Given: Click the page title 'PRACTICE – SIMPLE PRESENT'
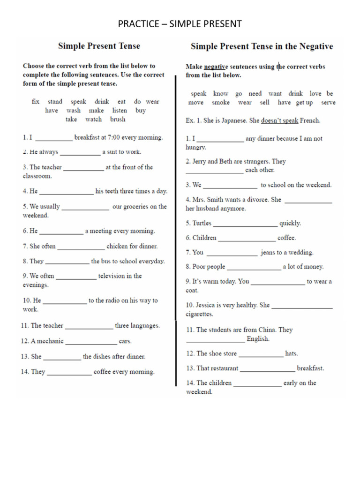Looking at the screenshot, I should (x=180, y=23).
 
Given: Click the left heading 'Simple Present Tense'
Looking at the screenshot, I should (x=99, y=46).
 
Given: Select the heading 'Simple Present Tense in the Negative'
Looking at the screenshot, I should (x=262, y=46).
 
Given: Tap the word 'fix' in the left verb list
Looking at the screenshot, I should (x=36, y=101).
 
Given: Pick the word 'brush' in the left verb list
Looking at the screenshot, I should (x=118, y=119).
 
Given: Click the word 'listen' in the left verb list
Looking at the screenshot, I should (x=120, y=110).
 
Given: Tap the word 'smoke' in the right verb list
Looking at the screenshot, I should (x=221, y=102).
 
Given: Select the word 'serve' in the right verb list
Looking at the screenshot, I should (x=328, y=102).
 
